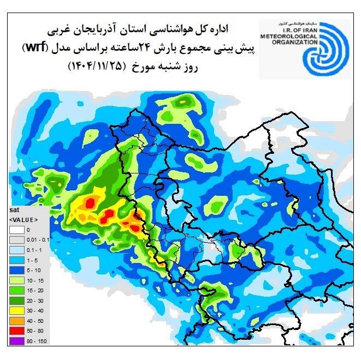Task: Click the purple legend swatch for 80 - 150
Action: pos(17,341)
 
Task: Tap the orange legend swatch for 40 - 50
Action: pos(17,321)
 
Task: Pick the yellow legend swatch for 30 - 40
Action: pos(17,311)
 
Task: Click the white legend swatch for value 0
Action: pos(17,230)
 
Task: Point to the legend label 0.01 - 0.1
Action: pos(38,240)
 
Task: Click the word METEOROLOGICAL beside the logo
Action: pos(287,36)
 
